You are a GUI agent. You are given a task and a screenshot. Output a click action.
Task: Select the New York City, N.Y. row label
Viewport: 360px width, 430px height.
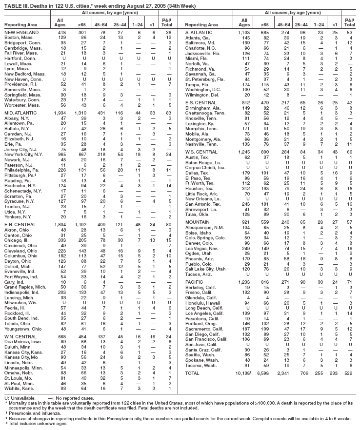(25, 154)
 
